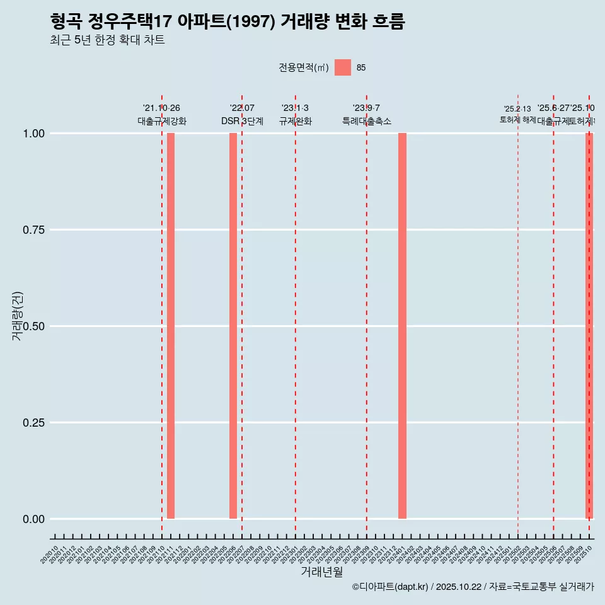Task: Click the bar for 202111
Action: (x=171, y=326)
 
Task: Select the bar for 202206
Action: (x=233, y=326)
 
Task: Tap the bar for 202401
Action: (x=402, y=326)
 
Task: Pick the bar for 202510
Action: (x=589, y=326)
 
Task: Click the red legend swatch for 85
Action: (x=343, y=67)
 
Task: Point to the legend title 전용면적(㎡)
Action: (x=303, y=68)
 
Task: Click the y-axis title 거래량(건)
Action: (x=17, y=316)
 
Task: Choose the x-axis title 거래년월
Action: (x=321, y=572)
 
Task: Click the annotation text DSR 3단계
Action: (x=242, y=121)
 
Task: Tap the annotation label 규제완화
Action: (x=296, y=121)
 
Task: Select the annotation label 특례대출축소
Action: (x=367, y=121)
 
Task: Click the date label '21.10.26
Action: (x=162, y=108)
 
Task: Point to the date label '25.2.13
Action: (x=517, y=109)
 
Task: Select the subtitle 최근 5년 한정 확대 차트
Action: (x=107, y=40)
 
